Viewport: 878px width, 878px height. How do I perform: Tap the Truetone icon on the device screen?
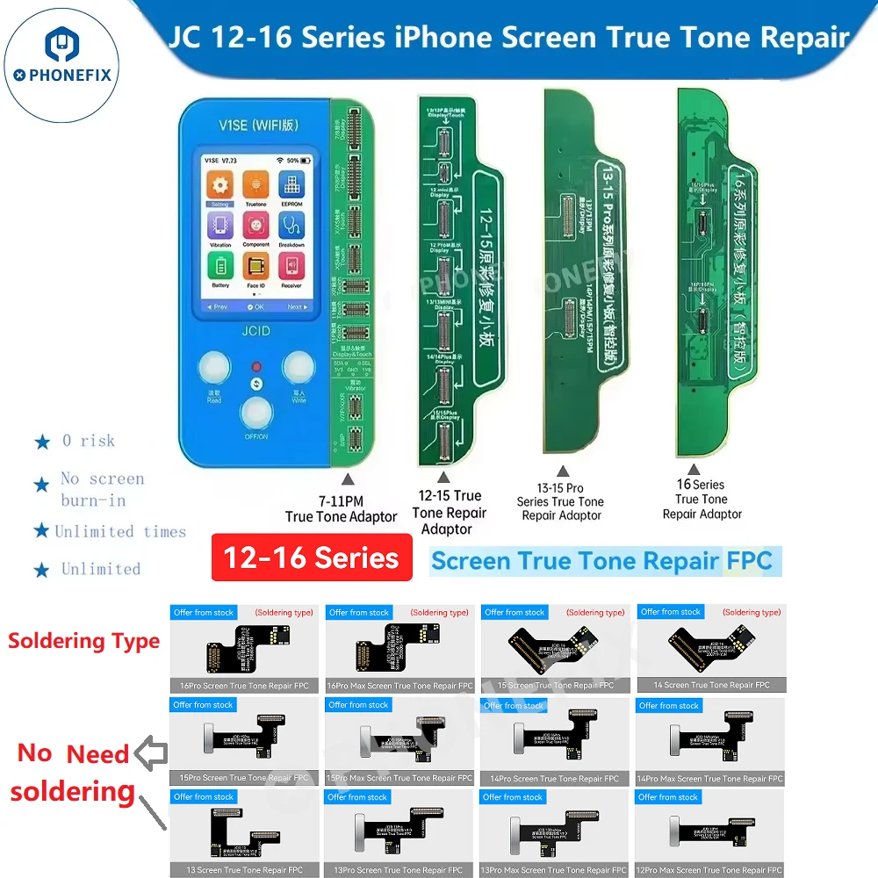(255, 186)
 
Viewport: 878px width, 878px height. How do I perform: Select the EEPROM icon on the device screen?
(291, 186)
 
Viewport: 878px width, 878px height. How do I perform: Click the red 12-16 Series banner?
(312, 558)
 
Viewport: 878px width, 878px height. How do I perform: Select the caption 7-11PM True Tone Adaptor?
(342, 509)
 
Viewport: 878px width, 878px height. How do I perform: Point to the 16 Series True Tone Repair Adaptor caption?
(702, 499)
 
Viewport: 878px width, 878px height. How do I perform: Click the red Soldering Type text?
(83, 641)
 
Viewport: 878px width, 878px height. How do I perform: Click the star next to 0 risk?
(42, 442)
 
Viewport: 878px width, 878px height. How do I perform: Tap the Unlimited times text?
(120, 532)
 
